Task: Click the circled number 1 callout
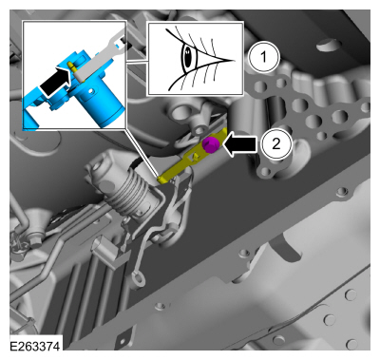pyautogui.click(x=263, y=58)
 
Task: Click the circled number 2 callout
pyautogui.click(x=276, y=144)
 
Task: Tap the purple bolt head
pyautogui.click(x=209, y=144)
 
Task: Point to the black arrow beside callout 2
pyautogui.click(x=239, y=144)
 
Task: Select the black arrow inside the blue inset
pyautogui.click(x=55, y=82)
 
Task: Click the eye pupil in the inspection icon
pyautogui.click(x=188, y=57)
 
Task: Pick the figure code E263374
pyautogui.click(x=35, y=346)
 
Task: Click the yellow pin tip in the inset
pyautogui.click(x=70, y=64)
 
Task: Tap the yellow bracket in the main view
pyautogui.click(x=193, y=155)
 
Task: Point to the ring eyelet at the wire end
pyautogui.click(x=138, y=279)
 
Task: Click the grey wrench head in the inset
pyautogui.click(x=116, y=41)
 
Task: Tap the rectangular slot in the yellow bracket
pyautogui.click(x=190, y=157)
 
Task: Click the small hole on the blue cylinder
pyautogui.click(x=92, y=91)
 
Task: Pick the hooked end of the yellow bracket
pyautogui.click(x=162, y=179)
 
